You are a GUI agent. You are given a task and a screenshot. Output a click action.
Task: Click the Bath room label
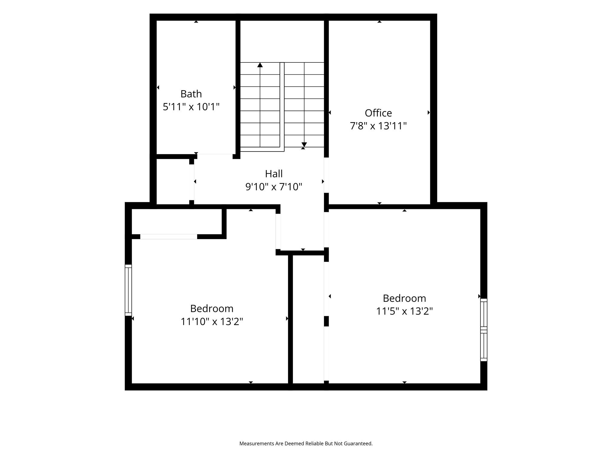(x=191, y=94)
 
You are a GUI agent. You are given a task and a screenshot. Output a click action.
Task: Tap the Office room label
(x=378, y=113)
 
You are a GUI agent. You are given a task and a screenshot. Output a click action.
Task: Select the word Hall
(x=274, y=174)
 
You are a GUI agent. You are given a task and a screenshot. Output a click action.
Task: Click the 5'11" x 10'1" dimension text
(x=191, y=107)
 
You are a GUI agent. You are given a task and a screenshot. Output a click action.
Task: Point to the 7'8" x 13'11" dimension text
(x=378, y=126)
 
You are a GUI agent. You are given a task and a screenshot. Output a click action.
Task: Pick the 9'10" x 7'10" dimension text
(x=274, y=187)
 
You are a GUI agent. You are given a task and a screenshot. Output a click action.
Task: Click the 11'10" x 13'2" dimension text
(x=212, y=322)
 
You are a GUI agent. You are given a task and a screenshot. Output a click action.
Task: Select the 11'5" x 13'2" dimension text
(x=404, y=311)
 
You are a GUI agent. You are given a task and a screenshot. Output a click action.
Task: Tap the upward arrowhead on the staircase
(x=260, y=65)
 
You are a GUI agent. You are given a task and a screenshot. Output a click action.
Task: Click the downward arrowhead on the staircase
(x=304, y=145)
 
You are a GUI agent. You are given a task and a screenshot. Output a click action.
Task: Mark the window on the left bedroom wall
(x=128, y=290)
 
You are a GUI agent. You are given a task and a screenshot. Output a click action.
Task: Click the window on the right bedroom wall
(x=484, y=330)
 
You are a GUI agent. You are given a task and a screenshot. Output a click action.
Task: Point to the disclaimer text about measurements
(x=306, y=443)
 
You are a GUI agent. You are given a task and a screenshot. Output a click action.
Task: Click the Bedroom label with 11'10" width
(x=212, y=308)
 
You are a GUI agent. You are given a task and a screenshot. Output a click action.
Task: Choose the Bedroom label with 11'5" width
(x=404, y=298)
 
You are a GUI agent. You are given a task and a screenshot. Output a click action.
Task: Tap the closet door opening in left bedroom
(x=169, y=237)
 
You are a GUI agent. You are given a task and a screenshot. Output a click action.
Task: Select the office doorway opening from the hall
(x=326, y=175)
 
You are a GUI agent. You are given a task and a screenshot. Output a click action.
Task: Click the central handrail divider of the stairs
(x=282, y=105)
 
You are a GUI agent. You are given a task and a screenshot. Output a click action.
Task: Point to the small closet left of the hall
(x=173, y=182)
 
